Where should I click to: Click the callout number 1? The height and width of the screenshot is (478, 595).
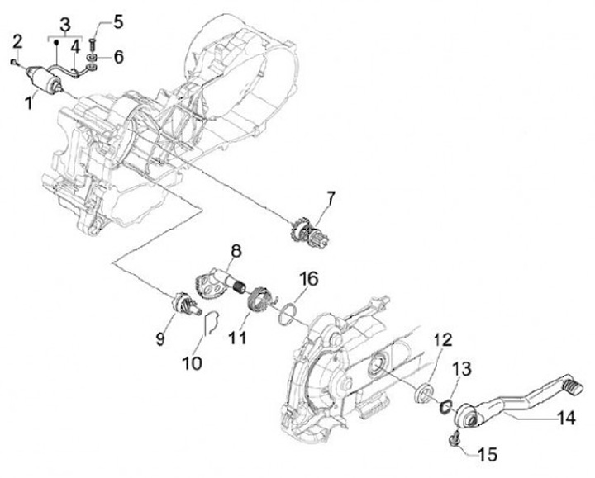pyautogui.click(x=29, y=102)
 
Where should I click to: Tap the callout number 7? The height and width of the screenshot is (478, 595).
pyautogui.click(x=331, y=199)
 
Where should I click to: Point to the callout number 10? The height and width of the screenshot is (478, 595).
pyautogui.click(x=192, y=363)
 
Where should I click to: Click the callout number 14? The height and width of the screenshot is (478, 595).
pyautogui.click(x=566, y=419)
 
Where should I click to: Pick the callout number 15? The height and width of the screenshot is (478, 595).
pyautogui.click(x=488, y=454)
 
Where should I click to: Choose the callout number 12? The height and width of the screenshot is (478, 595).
pyautogui.click(x=443, y=340)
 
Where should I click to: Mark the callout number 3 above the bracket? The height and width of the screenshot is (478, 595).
pyautogui.click(x=65, y=25)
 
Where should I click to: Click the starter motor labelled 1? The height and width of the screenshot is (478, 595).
pyautogui.click(x=45, y=80)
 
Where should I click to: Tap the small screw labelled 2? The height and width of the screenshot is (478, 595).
pyautogui.click(x=14, y=63)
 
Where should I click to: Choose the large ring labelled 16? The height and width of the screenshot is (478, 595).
pyautogui.click(x=286, y=315)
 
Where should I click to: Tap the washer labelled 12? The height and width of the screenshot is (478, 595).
pyautogui.click(x=424, y=391)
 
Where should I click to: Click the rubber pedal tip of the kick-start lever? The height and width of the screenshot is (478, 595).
pyautogui.click(x=573, y=385)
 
